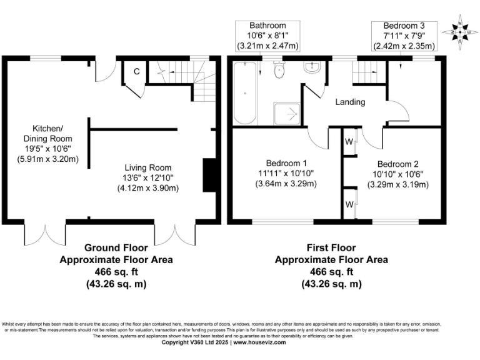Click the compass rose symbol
tap(461, 32)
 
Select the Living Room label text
tap(147, 167)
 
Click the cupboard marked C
tap(136, 71)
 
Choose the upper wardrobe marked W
tap(349, 141)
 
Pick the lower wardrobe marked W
tap(349, 204)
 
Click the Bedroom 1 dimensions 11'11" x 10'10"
tap(284, 173)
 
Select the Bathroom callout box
tap(267, 36)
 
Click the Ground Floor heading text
tap(116, 247)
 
